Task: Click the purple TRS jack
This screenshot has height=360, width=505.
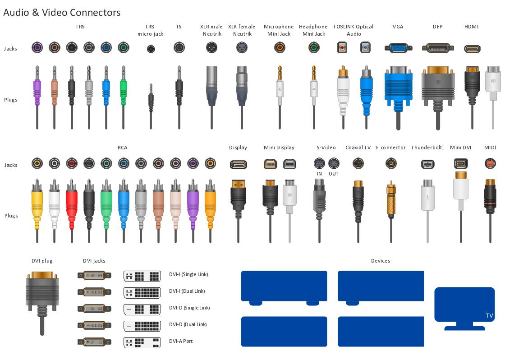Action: point(37,48)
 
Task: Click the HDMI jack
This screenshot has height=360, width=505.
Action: point(472,49)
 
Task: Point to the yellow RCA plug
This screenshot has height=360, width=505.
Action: point(37,211)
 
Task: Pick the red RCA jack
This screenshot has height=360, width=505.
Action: point(72,163)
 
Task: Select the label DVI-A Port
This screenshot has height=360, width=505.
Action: point(181,341)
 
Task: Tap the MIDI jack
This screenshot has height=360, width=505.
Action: point(490,163)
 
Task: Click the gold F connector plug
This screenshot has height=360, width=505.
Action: point(391,212)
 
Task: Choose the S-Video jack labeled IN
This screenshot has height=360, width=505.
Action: point(319,163)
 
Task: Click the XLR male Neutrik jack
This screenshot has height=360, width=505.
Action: point(211,48)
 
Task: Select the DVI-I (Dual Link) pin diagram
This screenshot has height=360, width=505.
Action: point(142,292)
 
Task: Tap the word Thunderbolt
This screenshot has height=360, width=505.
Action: point(427,148)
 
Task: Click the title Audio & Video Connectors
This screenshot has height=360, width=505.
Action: point(62,12)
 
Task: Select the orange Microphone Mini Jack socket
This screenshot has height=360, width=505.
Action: point(280,48)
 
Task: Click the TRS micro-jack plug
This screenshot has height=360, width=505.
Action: point(151,106)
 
